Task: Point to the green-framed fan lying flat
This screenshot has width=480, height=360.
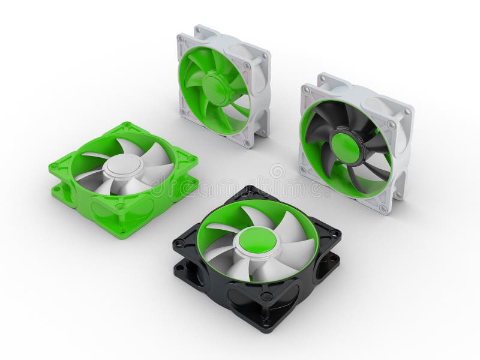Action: point(123,177)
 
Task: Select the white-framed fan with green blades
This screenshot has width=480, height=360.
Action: point(223,84)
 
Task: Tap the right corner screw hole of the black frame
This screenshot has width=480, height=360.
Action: point(334,233)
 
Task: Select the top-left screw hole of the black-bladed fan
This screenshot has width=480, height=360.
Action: point(307,90)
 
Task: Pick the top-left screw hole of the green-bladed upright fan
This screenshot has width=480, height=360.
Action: point(181,39)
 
